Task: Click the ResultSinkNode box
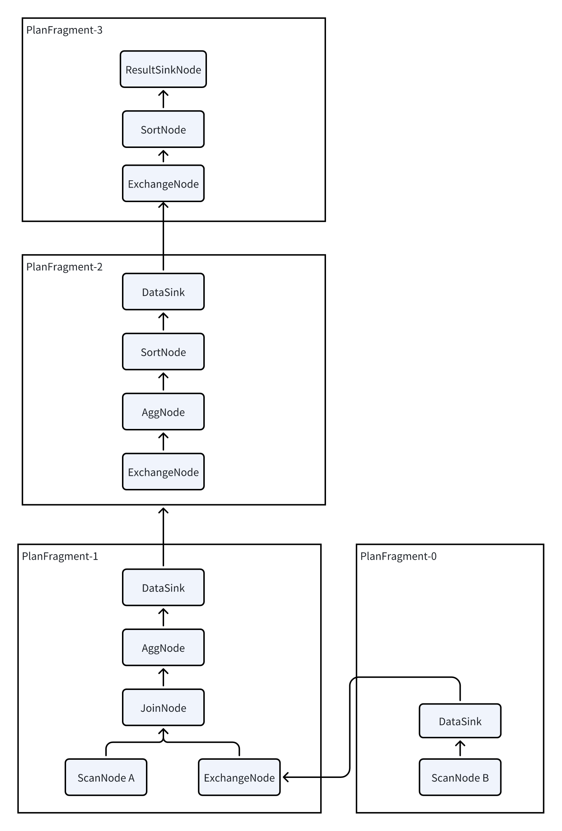coord(163,69)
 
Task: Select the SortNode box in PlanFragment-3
coord(163,129)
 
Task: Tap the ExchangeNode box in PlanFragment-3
coord(163,183)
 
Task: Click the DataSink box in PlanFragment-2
coord(163,292)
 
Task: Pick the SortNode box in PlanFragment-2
coord(163,352)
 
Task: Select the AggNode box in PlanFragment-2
coord(163,412)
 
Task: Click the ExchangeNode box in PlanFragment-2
coord(163,471)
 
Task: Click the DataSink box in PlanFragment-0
coord(460,721)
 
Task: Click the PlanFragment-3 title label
coord(64,30)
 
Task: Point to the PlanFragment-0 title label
coord(398,556)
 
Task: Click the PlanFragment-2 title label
coord(64,267)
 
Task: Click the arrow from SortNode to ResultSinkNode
coord(163,99)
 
